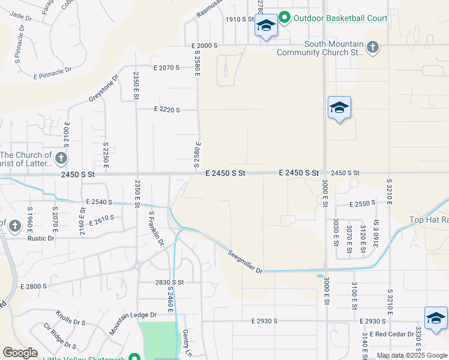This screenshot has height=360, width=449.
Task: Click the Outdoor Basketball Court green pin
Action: pos(285,18)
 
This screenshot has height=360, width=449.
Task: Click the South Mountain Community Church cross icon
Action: pos(373,47)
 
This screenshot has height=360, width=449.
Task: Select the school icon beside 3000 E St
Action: pos(339,108)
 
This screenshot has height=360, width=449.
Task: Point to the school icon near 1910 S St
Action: pos(265,26)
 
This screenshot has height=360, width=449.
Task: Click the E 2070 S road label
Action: pos(167,68)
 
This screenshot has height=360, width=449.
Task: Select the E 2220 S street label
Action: pos(167,109)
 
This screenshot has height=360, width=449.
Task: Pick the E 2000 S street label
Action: pos(205,46)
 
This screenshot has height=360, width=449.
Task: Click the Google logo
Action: pos(20,352)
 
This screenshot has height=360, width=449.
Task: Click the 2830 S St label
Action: pos(169,282)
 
